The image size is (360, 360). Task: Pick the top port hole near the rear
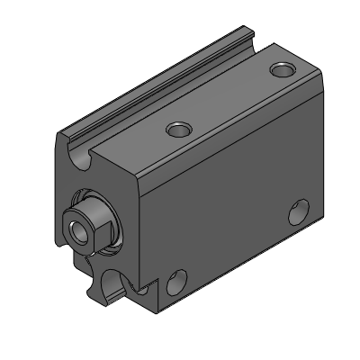pyautogui.click(x=284, y=68)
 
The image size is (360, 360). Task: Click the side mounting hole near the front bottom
pyautogui.click(x=177, y=282)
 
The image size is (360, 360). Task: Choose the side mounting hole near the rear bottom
pyautogui.click(x=297, y=214)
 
